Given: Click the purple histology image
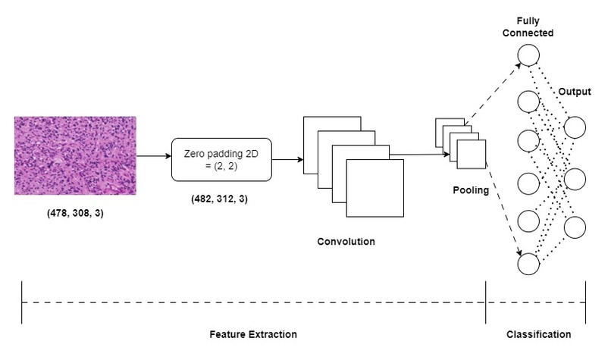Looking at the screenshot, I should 75,156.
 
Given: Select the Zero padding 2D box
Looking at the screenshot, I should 221,159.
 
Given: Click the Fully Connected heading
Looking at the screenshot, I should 528,28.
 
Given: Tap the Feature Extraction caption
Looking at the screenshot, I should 253,334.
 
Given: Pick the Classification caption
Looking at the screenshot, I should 537,334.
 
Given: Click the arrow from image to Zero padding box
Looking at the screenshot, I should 154,156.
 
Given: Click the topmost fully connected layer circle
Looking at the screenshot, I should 528,55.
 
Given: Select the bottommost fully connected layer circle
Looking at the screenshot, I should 528,265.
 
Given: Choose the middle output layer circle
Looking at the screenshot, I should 575,179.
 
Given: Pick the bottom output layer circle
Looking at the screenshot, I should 575,227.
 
